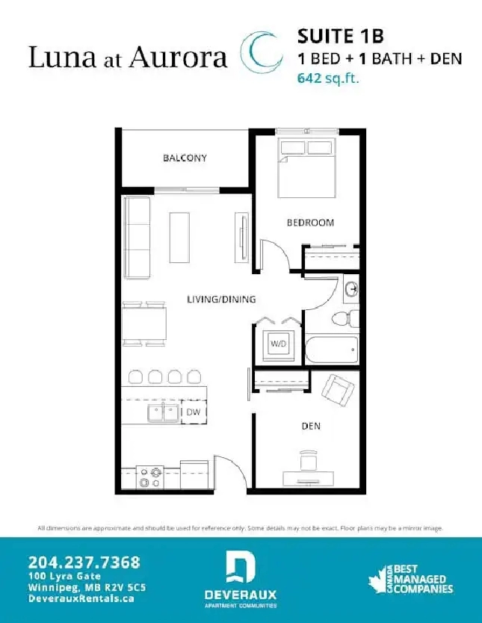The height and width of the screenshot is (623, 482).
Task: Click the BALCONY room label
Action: point(185,158)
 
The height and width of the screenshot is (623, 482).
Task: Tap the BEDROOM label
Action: point(310,223)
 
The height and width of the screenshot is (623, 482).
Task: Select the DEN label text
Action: point(311,426)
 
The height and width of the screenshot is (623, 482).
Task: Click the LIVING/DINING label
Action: point(221,300)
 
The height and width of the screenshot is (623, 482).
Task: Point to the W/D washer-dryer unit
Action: point(279,344)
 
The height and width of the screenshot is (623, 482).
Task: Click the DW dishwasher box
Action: point(194,412)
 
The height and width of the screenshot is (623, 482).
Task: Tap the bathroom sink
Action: point(350,289)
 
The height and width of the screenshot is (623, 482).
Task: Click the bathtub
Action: point(332,350)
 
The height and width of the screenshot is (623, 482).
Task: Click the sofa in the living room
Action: point(137,238)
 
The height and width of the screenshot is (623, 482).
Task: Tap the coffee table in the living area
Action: point(179,238)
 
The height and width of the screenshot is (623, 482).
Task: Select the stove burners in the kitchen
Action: point(150,477)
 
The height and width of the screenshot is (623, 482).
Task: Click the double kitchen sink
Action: point(164,413)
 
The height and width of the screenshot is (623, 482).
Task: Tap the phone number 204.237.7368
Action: point(84,562)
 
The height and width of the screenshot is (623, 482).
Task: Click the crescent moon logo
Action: point(261,52)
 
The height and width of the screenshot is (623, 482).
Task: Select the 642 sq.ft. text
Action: point(328,78)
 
